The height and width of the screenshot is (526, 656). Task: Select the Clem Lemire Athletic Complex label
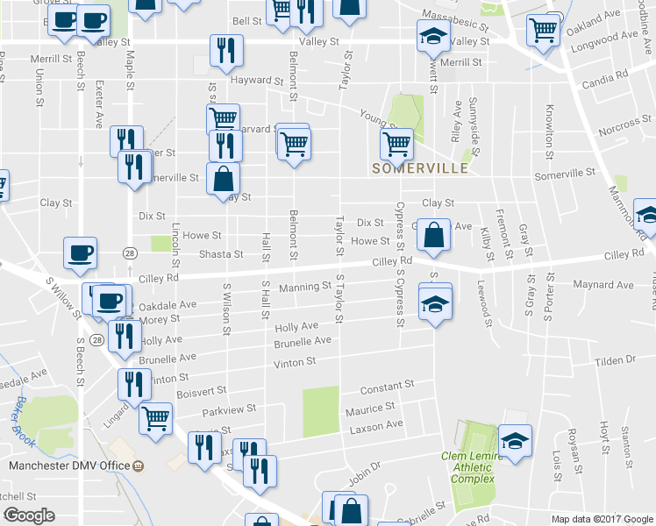[x=473, y=467]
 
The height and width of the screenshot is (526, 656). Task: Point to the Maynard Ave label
[x=603, y=285]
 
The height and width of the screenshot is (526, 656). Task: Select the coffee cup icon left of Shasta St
[x=80, y=253]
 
